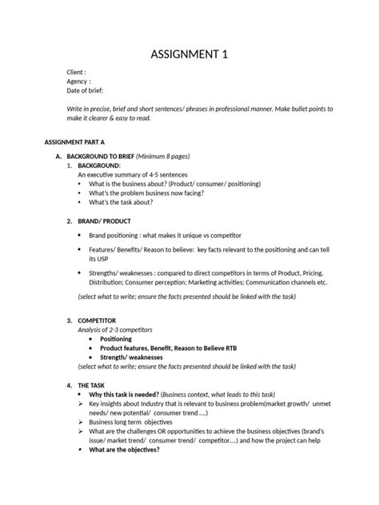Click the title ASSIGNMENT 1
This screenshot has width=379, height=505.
coord(189,55)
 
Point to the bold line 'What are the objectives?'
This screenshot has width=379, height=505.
coord(124,449)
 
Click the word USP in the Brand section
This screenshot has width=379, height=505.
coord(94,260)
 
